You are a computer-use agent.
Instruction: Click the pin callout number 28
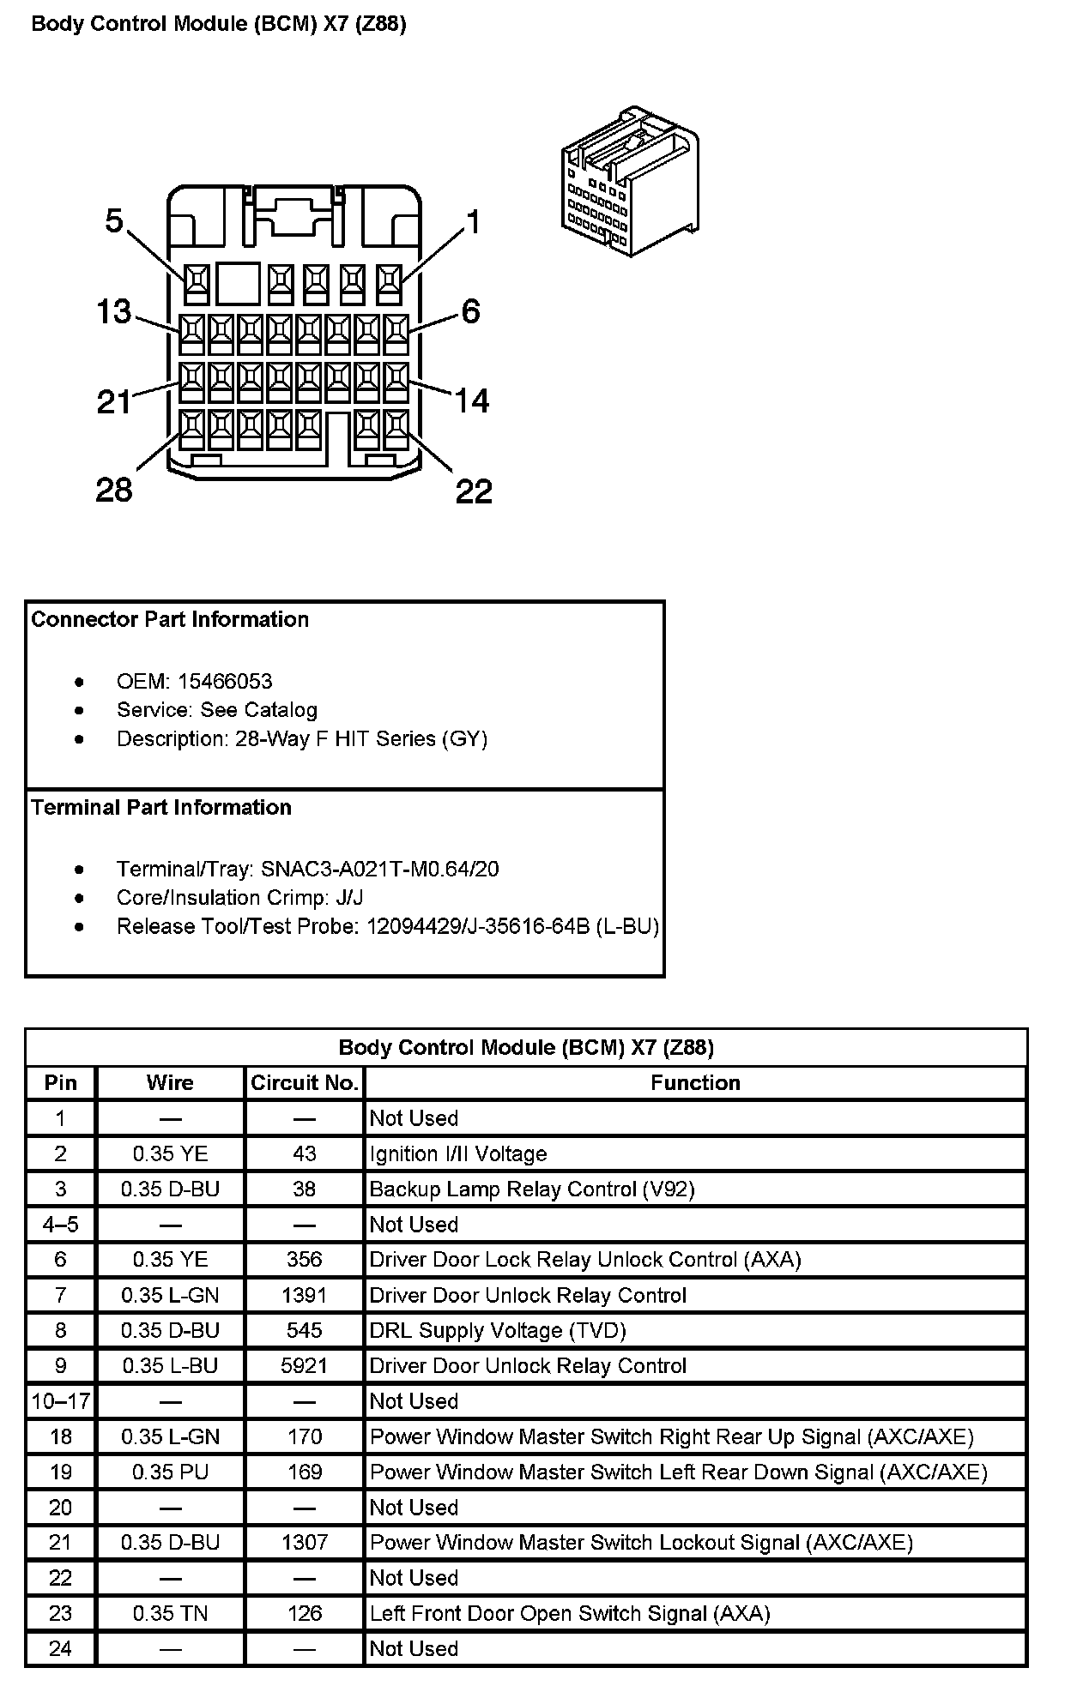point(114,491)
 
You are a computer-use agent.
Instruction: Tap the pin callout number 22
point(474,491)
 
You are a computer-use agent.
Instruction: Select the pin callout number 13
point(113,312)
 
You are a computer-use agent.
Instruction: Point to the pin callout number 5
point(114,221)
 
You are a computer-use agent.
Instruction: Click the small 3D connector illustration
point(630,181)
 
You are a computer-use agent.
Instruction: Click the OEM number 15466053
point(225,682)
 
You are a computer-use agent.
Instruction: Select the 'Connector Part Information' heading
point(170,620)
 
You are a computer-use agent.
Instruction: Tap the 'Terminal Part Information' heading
point(161,808)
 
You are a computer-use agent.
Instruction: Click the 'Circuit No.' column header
point(305,1083)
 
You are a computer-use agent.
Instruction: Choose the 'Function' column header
point(695,1083)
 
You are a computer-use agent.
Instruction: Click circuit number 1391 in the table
point(305,1295)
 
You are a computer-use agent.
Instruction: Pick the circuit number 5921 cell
point(305,1365)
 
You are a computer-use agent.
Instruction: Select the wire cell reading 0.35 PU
point(170,1472)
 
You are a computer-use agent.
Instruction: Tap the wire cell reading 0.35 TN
point(170,1613)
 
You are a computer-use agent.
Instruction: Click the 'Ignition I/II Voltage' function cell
point(458,1154)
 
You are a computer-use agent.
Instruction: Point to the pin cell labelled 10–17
point(60,1401)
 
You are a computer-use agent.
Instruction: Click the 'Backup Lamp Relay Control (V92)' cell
point(532,1189)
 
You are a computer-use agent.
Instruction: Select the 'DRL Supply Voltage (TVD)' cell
point(498,1330)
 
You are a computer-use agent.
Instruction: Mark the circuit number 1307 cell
point(305,1543)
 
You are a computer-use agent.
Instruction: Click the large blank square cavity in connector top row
point(238,283)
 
